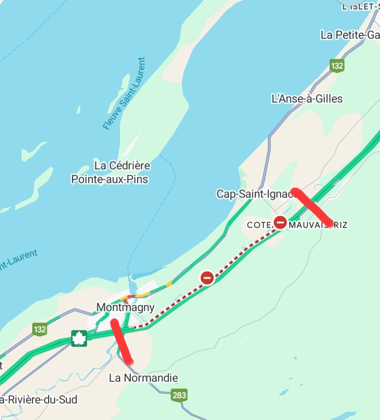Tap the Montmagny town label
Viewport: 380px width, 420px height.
(125, 307)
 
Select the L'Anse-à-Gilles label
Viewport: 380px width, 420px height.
(307, 99)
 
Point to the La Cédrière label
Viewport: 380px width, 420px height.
(122, 165)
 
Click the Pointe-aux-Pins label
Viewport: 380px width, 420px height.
(110, 179)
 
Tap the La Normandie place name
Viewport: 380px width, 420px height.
(143, 378)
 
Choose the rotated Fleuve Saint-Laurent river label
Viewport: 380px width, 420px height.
(124, 93)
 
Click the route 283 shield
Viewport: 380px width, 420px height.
(179, 395)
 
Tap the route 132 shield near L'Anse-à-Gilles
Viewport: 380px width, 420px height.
(336, 66)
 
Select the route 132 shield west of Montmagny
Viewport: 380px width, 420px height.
(40, 329)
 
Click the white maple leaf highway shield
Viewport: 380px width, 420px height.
(79, 338)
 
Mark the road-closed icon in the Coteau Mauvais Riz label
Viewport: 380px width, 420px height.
(280, 223)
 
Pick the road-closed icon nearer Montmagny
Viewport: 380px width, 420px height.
(207, 278)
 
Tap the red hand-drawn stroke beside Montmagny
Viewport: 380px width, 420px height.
(121, 342)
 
